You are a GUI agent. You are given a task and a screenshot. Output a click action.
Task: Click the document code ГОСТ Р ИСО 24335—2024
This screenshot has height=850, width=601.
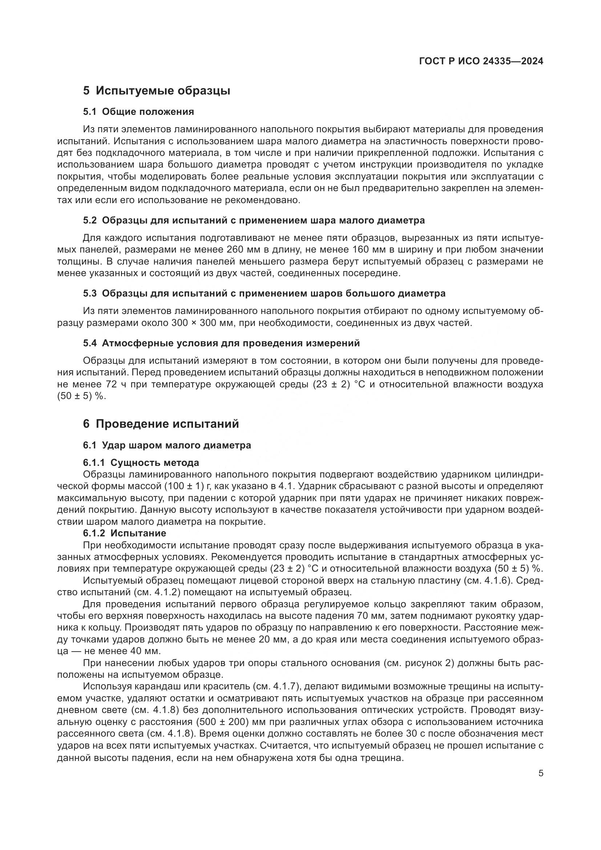(x=481, y=61)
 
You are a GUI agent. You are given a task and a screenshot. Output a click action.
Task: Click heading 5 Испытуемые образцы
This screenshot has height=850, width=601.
(x=157, y=91)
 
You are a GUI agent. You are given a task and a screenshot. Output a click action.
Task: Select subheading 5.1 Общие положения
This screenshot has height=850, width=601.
(x=138, y=112)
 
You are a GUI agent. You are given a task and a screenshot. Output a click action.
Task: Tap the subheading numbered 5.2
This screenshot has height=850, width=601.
(x=254, y=220)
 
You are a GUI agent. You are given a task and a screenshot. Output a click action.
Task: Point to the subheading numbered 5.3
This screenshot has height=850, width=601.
(x=264, y=294)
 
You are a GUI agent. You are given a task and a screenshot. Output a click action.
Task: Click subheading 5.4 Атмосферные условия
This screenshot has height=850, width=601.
(x=221, y=343)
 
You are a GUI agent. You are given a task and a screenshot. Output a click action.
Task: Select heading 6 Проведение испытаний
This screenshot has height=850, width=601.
(x=161, y=424)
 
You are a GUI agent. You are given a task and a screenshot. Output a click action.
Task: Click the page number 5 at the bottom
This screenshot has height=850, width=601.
(x=541, y=773)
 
